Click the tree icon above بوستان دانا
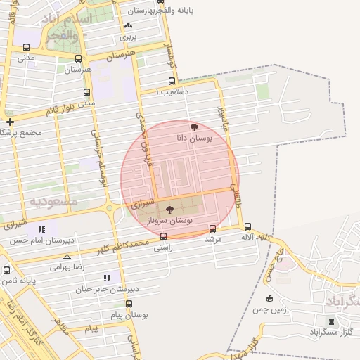pos(194,127)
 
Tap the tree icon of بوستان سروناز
pos(169,210)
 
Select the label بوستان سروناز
pos(169,221)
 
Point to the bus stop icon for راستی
pos(163,237)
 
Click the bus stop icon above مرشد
pos(213,228)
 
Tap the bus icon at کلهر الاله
pos(247,226)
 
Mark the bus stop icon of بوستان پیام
pos(129,304)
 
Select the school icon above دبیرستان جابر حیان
pos(107,278)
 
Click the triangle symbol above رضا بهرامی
pos(67,257)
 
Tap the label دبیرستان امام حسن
pos(42,240)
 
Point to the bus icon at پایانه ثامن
pos(7,270)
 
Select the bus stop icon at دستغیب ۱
pos(172,82)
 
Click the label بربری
pos(127,36)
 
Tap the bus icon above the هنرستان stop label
pos(77,59)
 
